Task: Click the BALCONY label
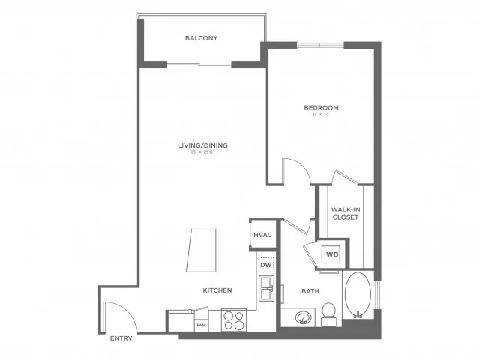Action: [201, 38]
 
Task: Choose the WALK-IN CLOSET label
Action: [346, 213]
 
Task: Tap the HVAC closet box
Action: [262, 235]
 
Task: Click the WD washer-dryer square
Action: [332, 254]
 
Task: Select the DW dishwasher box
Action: [265, 265]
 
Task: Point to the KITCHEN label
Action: [217, 290]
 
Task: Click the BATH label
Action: [310, 290]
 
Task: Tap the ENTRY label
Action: [121, 338]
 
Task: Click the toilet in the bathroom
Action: [328, 313]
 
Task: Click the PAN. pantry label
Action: [200, 325]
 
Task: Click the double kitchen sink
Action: [266, 287]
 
